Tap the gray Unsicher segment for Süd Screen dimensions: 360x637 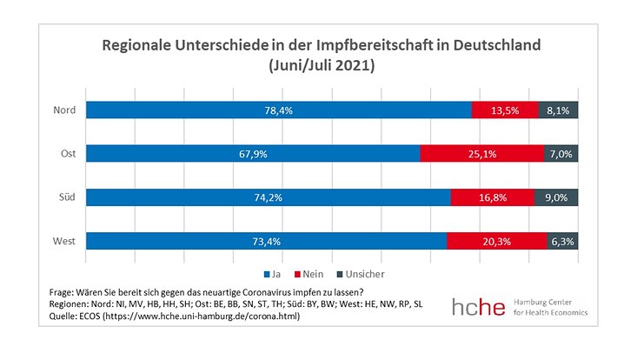tap(556, 197)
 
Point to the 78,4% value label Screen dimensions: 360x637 tap(279, 110)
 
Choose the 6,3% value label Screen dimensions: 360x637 tap(562, 241)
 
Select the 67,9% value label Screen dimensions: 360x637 tap(253, 154)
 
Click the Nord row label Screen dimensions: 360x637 tap(64, 110)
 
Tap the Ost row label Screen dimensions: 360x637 tap(68, 154)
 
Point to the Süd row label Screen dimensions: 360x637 tap(67, 197)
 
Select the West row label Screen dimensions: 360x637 tap(65, 241)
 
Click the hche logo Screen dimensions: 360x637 tap(479, 306)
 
